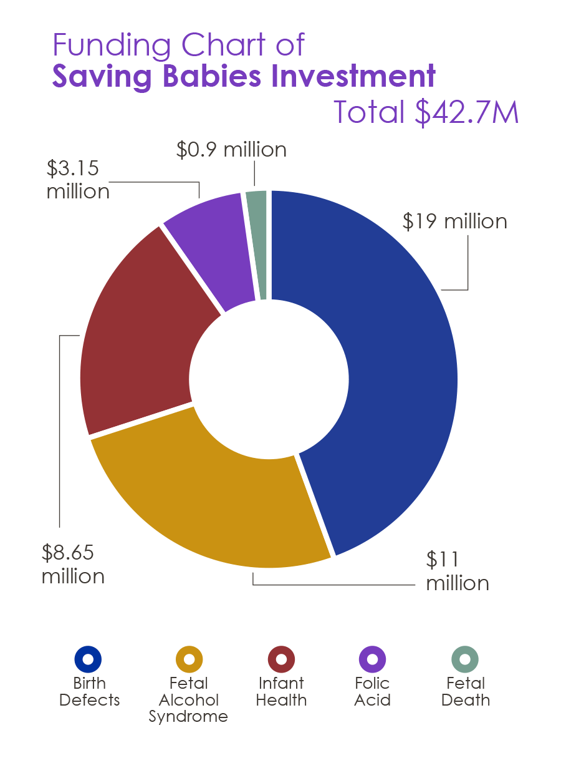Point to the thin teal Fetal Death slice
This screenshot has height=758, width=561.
pyautogui.click(x=257, y=243)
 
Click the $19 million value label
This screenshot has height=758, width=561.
pyautogui.click(x=454, y=221)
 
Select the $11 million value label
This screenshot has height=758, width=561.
pyautogui.click(x=456, y=571)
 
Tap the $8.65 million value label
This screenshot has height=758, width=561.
pyautogui.click(x=72, y=564)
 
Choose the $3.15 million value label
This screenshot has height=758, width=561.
pyautogui.click(x=77, y=179)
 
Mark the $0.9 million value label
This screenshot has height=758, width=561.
pyautogui.click(x=231, y=150)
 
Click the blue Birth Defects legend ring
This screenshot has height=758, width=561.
pyautogui.click(x=88, y=659)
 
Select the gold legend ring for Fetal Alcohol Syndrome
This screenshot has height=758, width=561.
pyautogui.click(x=189, y=659)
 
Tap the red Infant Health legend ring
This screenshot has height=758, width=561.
pyautogui.click(x=281, y=659)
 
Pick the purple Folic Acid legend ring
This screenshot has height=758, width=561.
pyautogui.click(x=373, y=659)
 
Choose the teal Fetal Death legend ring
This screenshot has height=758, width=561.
pyautogui.click(x=465, y=659)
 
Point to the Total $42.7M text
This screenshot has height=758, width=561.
pyautogui.click(x=426, y=112)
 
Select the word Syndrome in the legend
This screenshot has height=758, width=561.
pyautogui.click(x=188, y=717)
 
